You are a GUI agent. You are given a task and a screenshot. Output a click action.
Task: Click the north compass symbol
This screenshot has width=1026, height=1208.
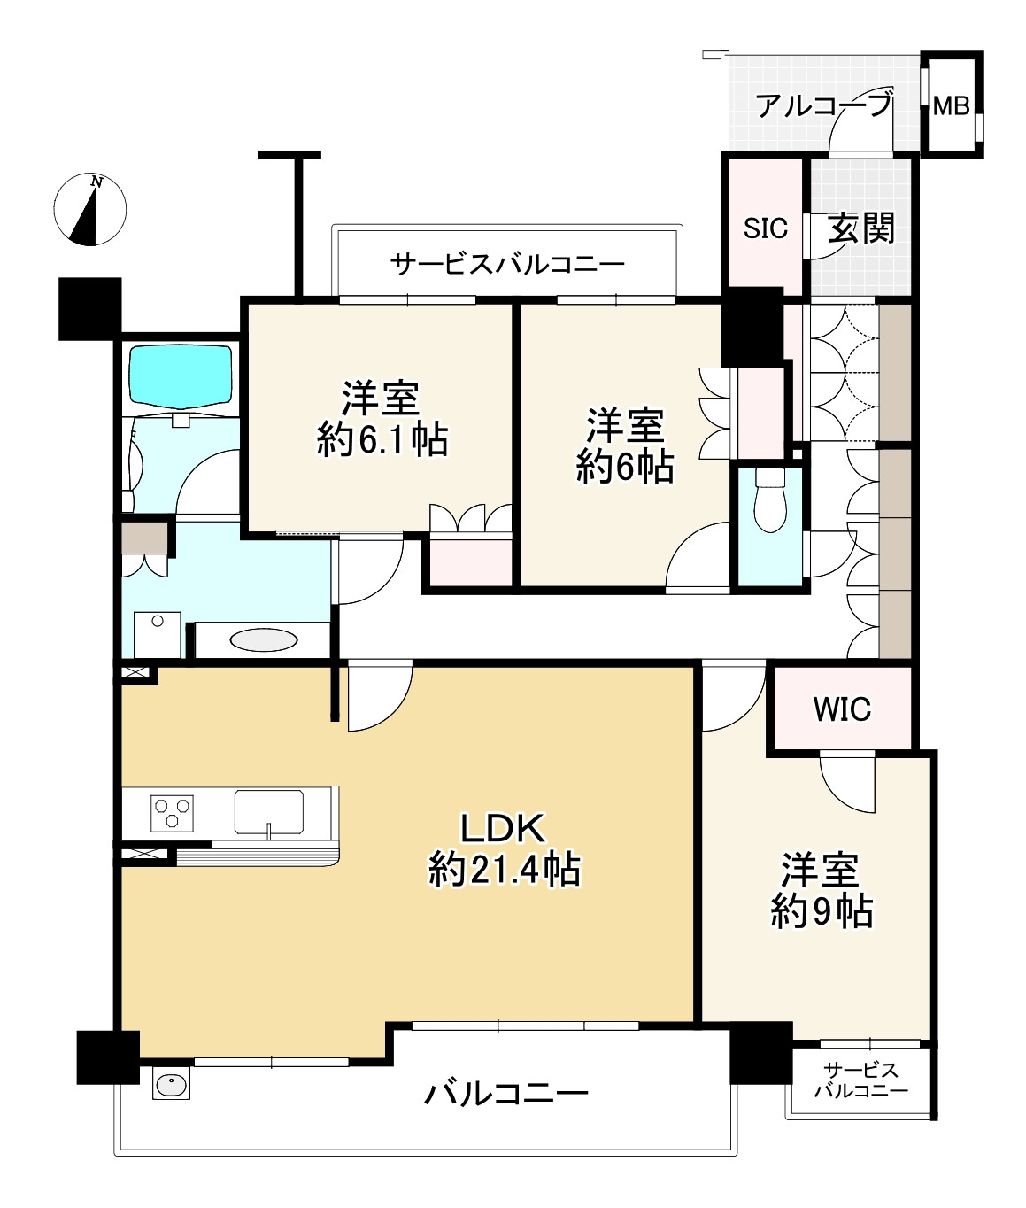tap(90, 210)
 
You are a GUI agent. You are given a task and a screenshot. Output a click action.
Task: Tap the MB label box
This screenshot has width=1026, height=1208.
tap(952, 106)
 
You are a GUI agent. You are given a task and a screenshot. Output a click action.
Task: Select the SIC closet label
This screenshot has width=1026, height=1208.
tap(765, 228)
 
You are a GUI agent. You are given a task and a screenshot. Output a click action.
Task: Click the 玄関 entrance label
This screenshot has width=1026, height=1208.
tap(860, 228)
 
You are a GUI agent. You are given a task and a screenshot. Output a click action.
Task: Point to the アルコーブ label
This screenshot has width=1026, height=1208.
tap(822, 106)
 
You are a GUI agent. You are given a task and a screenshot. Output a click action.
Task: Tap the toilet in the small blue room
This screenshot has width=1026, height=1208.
tap(770, 500)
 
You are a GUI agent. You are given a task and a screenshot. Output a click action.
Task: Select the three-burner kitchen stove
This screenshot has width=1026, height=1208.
tap(173, 813)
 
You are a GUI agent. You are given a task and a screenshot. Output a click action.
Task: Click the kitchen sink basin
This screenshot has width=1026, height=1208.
tap(268, 812)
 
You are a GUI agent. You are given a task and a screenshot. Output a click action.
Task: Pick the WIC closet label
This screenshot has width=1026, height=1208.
tap(842, 709)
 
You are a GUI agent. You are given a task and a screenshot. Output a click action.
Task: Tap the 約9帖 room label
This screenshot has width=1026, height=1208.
tap(821, 890)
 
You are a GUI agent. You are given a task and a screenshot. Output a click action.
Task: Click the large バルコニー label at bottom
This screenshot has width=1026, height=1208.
tap(505, 1095)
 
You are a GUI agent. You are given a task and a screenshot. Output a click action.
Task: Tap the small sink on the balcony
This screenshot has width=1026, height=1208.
tap(171, 1085)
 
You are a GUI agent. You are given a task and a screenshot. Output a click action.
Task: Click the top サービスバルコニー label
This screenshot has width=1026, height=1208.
tap(507, 264)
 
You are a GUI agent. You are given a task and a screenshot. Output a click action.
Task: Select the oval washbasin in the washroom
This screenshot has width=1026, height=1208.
tap(264, 639)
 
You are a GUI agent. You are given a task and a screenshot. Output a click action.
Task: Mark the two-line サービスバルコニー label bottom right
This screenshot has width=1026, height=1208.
tap(860, 1080)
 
